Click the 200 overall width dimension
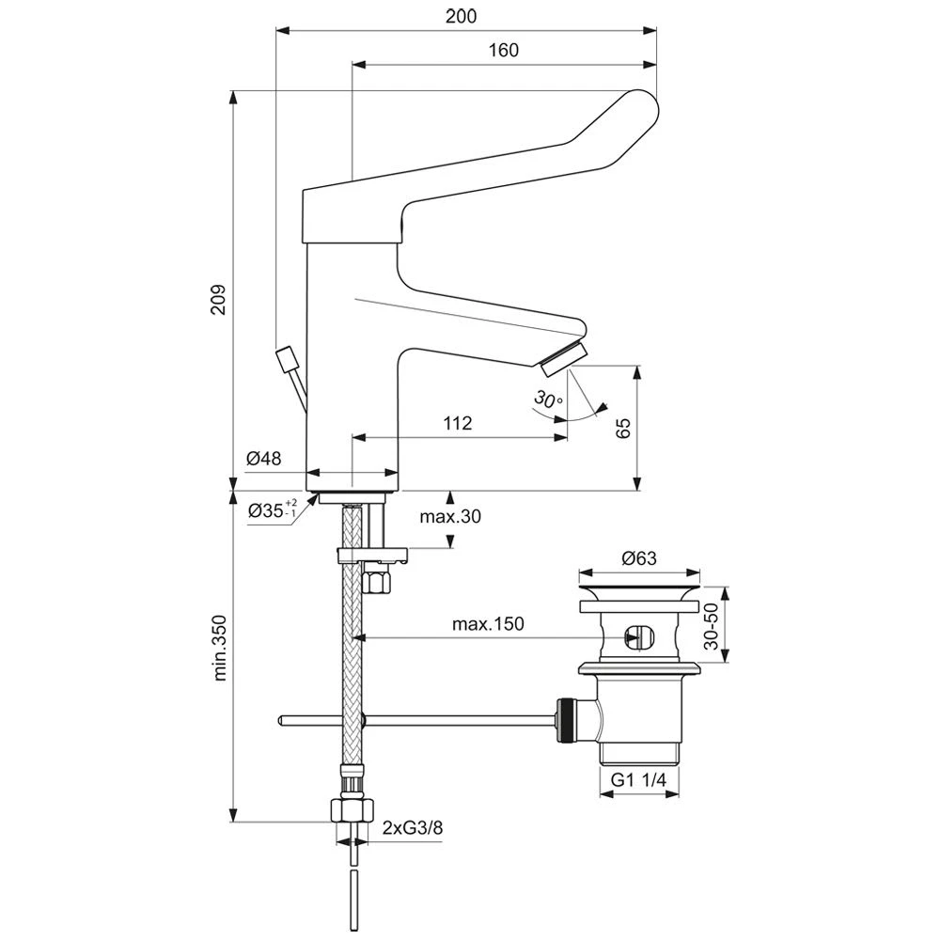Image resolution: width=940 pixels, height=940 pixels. (x=461, y=16)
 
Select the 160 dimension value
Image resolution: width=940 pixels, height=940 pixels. (x=503, y=50)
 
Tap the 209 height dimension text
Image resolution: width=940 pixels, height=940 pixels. (x=218, y=299)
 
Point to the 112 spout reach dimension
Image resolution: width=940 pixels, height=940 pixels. (x=458, y=423)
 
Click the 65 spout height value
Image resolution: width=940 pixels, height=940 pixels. (x=623, y=428)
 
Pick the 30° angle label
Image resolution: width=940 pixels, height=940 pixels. (x=549, y=399)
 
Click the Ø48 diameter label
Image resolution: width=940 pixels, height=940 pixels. (x=264, y=459)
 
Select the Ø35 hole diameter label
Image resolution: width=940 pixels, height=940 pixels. (x=273, y=510)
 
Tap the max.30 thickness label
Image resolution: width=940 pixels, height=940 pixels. (x=450, y=516)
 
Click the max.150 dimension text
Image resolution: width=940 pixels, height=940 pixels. (x=488, y=624)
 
